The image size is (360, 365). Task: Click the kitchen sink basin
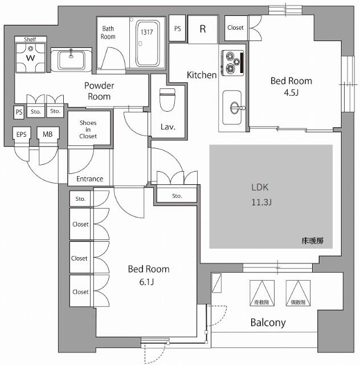[232, 106]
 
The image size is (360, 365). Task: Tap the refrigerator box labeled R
[202, 29]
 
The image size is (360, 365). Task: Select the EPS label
[21, 135]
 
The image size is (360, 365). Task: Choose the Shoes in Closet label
[88, 129]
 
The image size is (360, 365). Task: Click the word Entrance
[89, 179]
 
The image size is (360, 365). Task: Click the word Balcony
[268, 323]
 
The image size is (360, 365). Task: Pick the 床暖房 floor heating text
[312, 241]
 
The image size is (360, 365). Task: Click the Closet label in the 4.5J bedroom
[235, 27]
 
